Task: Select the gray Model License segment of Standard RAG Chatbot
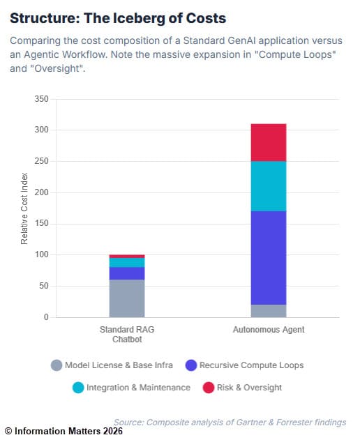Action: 127,298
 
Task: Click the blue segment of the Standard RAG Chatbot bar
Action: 127,273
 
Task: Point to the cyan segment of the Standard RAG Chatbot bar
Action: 127,263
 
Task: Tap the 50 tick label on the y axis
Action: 43,286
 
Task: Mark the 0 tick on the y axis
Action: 45,317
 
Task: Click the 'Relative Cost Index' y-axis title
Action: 24,208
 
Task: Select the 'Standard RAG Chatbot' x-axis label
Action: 127,333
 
